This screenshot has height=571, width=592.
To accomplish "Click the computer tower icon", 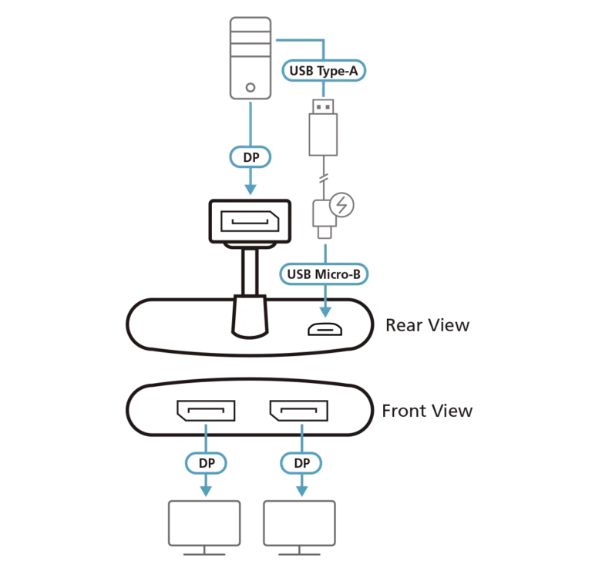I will point(252,58).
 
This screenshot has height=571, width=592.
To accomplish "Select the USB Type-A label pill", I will point(325,71).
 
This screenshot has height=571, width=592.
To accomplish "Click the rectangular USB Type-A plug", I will point(325,128).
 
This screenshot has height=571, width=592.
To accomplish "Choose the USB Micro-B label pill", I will point(325,273).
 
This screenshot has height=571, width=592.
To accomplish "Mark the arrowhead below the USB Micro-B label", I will point(325,312).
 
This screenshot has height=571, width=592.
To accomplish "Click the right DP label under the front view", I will point(301,464).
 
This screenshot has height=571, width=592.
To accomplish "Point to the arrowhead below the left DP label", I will point(206,489).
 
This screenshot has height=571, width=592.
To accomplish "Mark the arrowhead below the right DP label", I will point(301,489).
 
